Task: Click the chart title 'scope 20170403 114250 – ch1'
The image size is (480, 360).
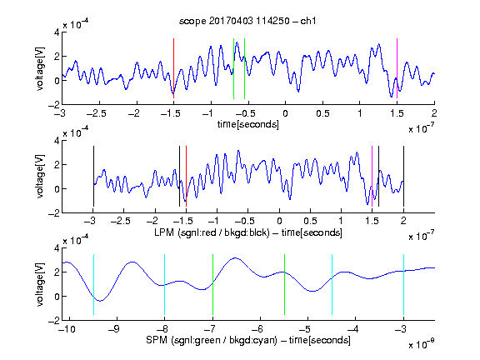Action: point(247,21)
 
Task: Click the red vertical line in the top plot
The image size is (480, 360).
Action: point(173,68)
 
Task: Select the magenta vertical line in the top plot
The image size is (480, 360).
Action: point(397,68)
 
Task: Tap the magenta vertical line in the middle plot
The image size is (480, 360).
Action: point(372,177)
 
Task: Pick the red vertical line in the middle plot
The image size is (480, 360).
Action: point(186,177)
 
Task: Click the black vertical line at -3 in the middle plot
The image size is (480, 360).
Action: point(93,177)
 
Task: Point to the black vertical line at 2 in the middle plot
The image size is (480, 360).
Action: point(403,177)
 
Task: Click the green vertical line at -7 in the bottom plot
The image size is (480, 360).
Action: point(212,284)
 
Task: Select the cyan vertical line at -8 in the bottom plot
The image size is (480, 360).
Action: point(165,284)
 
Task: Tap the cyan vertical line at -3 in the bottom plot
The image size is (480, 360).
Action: point(403,284)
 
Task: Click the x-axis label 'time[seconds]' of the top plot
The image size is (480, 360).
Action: point(248,124)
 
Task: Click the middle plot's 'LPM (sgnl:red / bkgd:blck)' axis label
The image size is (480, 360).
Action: point(212,232)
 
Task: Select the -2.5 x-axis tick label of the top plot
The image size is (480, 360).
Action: point(97,113)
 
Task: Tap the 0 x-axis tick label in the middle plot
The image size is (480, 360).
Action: point(279,221)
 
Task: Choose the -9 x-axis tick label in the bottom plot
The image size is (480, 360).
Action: point(114,329)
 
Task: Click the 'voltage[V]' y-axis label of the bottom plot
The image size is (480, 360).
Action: point(40,284)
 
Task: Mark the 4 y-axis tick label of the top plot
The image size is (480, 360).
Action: point(57,32)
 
